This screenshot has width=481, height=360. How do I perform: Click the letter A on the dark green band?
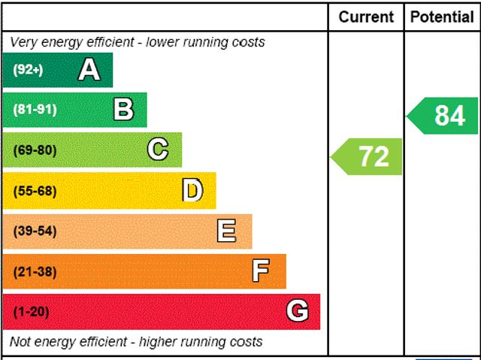click(x=89, y=70)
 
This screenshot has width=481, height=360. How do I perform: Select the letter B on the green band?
click(x=123, y=110)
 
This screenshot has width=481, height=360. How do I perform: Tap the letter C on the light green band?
click(x=157, y=150)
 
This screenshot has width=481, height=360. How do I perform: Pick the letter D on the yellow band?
click(x=192, y=191)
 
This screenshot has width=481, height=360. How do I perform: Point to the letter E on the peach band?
click(x=226, y=231)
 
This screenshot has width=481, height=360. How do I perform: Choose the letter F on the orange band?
click(x=261, y=271)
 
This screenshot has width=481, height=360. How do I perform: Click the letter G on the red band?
click(x=298, y=311)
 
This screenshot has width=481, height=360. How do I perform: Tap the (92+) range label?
click(x=28, y=70)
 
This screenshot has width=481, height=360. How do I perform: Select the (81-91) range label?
click(x=35, y=110)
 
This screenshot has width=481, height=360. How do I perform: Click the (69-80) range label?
click(x=35, y=150)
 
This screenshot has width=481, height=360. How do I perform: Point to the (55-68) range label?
click(x=35, y=191)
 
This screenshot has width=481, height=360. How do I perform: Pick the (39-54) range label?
click(x=35, y=231)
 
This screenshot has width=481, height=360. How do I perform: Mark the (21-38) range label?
click(x=35, y=271)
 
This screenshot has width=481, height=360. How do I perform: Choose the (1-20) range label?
click(x=31, y=312)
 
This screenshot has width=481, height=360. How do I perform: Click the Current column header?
click(x=366, y=17)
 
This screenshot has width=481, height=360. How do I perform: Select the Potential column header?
click(x=443, y=17)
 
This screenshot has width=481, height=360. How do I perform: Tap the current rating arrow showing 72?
click(x=368, y=156)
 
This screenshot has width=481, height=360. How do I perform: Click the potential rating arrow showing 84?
click(x=443, y=116)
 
